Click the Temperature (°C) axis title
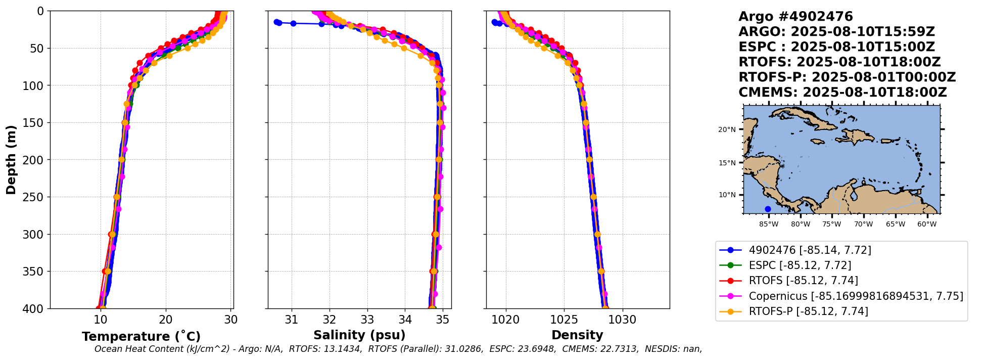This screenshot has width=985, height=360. tap(141, 337)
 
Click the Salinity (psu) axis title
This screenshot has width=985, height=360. tap(359, 335)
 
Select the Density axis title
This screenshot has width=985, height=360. tap(577, 335)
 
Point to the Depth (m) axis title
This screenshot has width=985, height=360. tap(11, 160)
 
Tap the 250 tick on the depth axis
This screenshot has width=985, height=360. tap(37, 197)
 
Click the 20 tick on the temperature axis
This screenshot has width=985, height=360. tap(166, 320)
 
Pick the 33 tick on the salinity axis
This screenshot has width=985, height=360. tap(367, 320)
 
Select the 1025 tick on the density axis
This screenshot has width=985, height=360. tap(564, 320)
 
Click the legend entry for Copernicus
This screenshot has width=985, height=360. tap(856, 296)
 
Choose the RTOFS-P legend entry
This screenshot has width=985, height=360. tap(808, 311)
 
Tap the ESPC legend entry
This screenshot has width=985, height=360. tap(800, 265)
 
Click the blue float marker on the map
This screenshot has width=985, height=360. tap(768, 209)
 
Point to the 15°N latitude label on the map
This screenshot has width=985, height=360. tap(727, 163)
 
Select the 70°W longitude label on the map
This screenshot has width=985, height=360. tap(863, 224)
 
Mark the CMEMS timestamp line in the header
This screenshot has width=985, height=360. tap(842, 93)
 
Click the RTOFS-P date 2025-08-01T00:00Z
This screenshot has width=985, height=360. tap(883, 77)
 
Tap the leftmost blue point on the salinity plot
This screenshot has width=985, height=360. tap(276, 22)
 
